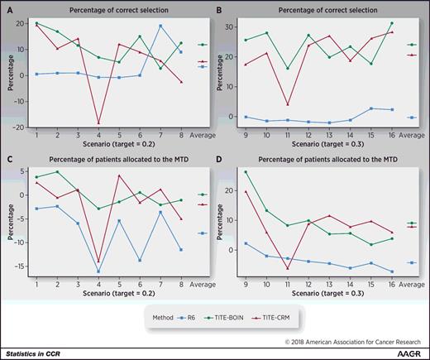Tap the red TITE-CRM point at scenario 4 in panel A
(x=98, y=123)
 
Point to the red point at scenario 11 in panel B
(x=309, y=104)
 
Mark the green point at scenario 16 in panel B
(x=392, y=23)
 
